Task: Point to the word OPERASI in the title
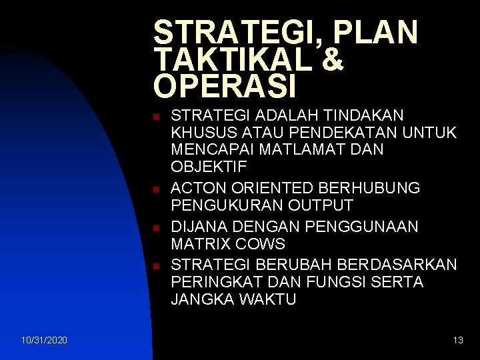tap(225, 85)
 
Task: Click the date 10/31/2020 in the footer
tap(44, 341)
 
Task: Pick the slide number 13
tap(457, 341)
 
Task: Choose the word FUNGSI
tap(347, 282)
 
